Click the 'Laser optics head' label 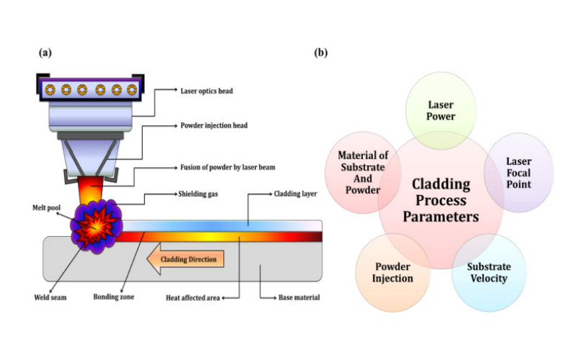(207, 91)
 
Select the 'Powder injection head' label (214, 125)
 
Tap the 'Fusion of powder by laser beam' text (228, 167)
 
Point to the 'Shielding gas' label (198, 194)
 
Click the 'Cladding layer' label (295, 194)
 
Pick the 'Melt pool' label (46, 207)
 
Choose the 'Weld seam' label (50, 297)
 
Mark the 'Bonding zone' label (114, 297)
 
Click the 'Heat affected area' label (192, 297)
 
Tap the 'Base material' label (299, 297)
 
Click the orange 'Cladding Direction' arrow (185, 259)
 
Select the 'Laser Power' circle (441, 111)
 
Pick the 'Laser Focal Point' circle (518, 173)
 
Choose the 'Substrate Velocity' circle (489, 273)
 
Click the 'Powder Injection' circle (392, 273)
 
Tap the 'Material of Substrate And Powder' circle (363, 173)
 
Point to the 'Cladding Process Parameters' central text (441, 200)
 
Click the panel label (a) (45, 53)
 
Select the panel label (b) (320, 53)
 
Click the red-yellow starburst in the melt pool (97, 227)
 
